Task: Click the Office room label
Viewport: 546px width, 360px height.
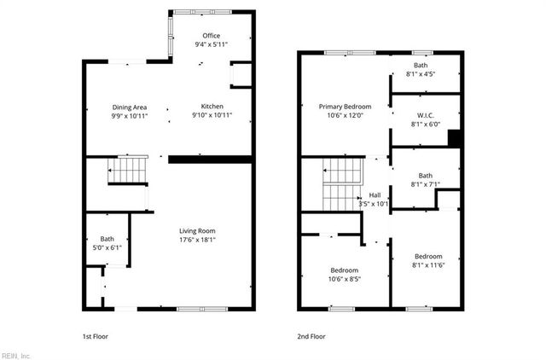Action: (211, 36)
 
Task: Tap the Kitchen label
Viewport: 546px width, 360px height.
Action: (211, 107)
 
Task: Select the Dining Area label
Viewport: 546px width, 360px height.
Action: (131, 107)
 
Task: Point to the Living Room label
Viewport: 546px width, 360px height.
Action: (197, 230)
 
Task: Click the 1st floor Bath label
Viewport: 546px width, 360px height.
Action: (107, 239)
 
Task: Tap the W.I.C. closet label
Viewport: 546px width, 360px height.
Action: (425, 115)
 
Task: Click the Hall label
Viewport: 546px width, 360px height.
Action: (375, 195)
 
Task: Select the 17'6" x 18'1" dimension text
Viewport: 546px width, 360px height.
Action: (197, 240)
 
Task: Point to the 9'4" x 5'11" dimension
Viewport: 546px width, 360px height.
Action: (211, 44)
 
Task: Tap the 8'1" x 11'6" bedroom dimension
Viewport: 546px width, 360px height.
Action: (429, 264)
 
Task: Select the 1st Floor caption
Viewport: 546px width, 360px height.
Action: (95, 336)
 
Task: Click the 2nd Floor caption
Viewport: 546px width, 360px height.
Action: (311, 336)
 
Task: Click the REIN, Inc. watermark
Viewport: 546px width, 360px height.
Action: (16, 354)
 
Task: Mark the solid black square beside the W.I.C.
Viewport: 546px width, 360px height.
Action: (455, 138)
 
